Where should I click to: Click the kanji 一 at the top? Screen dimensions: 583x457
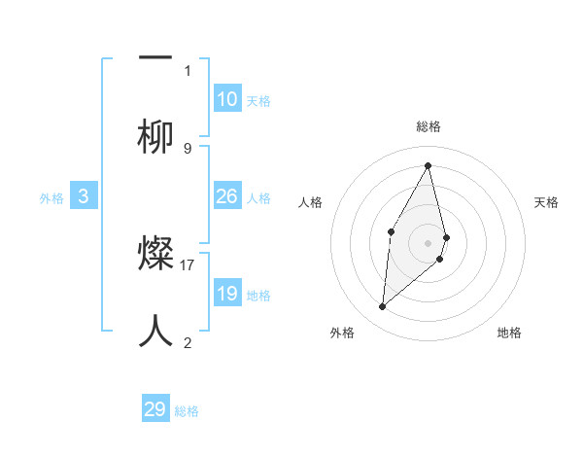point(155,59)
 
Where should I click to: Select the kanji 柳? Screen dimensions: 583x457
point(155,137)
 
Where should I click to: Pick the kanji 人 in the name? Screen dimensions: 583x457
point(155,332)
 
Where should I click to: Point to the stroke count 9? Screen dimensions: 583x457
point(188,148)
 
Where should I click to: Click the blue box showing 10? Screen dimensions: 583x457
point(227,99)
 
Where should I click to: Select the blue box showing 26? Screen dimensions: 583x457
point(227,196)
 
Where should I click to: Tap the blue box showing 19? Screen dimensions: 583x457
point(227,294)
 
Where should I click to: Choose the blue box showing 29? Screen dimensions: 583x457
point(155,409)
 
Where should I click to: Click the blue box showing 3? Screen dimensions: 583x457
point(84,196)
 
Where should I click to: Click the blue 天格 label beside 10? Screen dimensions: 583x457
point(258,101)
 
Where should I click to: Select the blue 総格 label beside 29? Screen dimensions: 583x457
point(187,411)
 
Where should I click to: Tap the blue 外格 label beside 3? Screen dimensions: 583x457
point(51,198)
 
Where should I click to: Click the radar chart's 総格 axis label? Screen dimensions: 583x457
point(428,126)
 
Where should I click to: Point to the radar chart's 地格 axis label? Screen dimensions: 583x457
point(509,334)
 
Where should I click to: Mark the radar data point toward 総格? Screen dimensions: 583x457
point(428,165)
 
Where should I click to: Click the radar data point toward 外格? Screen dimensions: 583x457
point(382,307)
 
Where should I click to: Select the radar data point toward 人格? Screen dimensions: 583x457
point(391,231)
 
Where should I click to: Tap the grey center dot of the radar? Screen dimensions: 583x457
point(428,242)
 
